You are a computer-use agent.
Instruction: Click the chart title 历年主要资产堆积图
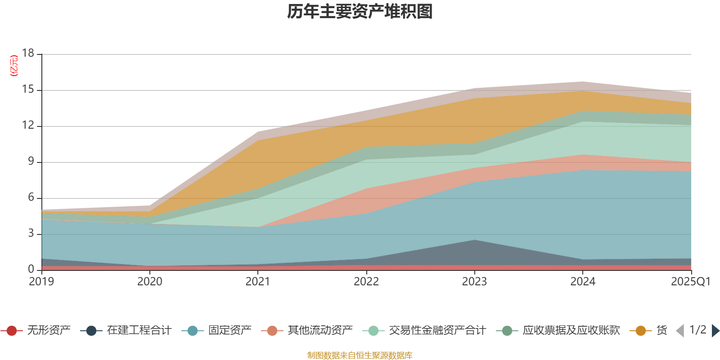tap(360, 12)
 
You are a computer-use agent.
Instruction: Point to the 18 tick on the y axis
tap(28, 53)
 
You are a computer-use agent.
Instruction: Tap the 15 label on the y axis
tap(28, 90)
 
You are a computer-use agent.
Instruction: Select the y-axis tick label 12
tap(28, 125)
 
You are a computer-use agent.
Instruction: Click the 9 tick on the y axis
tap(31, 161)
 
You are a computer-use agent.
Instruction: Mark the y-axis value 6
tap(31, 197)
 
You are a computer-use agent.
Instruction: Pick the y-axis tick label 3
tap(31, 233)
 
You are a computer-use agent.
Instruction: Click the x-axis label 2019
tap(41, 282)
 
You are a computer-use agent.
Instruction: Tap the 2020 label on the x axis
tap(150, 282)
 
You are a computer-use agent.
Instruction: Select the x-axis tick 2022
tap(366, 282)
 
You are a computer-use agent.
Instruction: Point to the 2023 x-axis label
tap(475, 282)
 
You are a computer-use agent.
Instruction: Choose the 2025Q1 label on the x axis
tap(690, 282)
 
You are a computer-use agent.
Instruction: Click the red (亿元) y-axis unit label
tap(14, 66)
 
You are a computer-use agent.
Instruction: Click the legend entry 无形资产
tap(49, 331)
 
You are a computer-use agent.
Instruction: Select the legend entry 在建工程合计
tap(139, 331)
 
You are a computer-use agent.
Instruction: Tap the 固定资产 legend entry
tap(229, 331)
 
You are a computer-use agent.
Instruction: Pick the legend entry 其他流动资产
tap(320, 331)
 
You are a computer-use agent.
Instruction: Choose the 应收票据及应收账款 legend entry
tap(571, 331)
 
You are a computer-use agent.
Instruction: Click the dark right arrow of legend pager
tap(715, 331)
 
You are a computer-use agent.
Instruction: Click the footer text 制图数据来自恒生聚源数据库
tap(360, 355)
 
